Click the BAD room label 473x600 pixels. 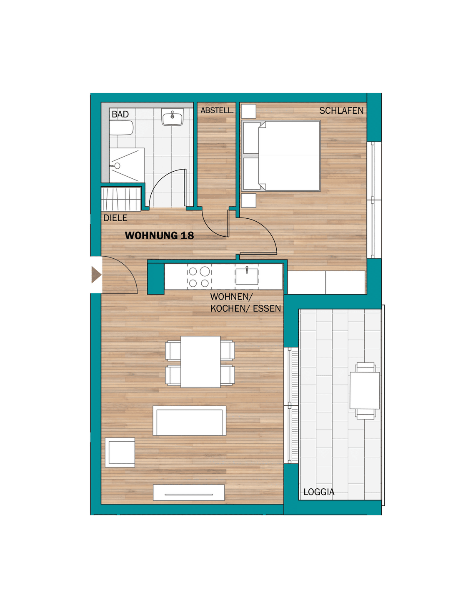(x=120, y=114)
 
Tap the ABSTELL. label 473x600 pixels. (x=217, y=111)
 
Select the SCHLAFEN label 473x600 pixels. (x=341, y=111)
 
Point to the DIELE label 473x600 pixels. (x=115, y=218)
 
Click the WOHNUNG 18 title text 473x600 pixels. (x=159, y=235)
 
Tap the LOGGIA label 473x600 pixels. (x=319, y=492)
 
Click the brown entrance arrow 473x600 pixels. (x=96, y=275)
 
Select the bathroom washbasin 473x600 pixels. (x=173, y=117)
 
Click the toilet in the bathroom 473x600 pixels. (x=121, y=128)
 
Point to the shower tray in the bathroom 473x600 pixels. (x=127, y=165)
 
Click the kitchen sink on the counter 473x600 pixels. (x=247, y=276)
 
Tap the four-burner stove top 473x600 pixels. (x=199, y=277)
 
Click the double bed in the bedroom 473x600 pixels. (x=281, y=156)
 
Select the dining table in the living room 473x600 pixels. (x=200, y=362)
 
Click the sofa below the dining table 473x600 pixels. (x=189, y=421)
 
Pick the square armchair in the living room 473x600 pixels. (x=120, y=452)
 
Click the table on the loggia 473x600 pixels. (x=365, y=390)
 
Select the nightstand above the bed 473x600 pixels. (x=248, y=111)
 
